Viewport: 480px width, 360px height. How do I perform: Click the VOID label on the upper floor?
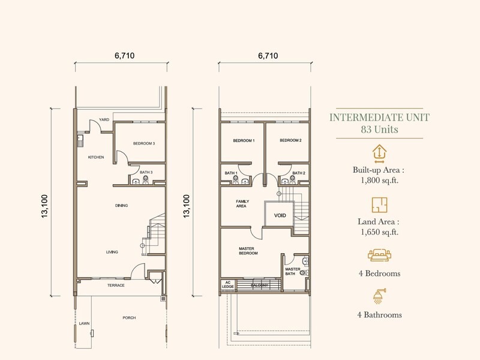[280, 215]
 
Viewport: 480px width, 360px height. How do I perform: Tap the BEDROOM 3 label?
[144, 143]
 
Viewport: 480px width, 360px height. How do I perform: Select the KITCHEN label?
[96, 157]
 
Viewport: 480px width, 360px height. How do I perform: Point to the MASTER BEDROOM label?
[248, 250]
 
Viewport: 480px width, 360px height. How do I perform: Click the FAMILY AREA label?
[242, 203]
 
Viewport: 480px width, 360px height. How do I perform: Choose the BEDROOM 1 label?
[244, 140]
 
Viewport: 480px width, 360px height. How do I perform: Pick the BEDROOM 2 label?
[290, 140]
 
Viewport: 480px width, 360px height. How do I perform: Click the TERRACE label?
[116, 285]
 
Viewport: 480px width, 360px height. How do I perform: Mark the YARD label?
[104, 119]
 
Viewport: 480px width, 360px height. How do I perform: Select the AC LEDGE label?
[228, 285]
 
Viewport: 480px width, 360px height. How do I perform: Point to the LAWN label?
[84, 323]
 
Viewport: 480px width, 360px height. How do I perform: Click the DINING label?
[122, 205]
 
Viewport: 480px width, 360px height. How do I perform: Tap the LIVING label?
[112, 252]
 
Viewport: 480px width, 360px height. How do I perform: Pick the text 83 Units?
[378, 129]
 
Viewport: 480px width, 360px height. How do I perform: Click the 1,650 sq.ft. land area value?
[378, 232]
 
